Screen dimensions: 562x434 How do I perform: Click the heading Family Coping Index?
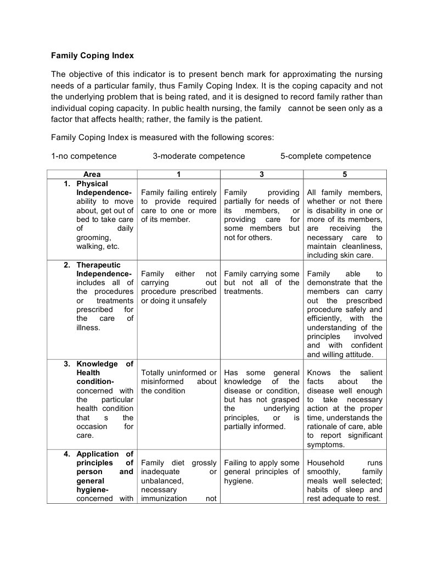92,55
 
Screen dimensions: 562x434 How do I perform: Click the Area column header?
92,174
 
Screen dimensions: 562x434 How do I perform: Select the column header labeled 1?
178,174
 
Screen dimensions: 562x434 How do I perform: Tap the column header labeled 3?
261,174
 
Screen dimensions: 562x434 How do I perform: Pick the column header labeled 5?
345,174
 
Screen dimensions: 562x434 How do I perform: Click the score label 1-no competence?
84,156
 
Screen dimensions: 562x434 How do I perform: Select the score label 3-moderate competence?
199,156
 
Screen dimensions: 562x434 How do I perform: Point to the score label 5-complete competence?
325,156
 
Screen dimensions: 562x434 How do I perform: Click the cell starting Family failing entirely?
178,206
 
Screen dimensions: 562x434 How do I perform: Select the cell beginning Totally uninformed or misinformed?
178,382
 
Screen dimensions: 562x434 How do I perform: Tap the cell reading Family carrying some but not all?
261,282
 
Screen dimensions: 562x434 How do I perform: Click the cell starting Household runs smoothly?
345,481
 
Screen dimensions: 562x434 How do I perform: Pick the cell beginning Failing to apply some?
261,472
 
